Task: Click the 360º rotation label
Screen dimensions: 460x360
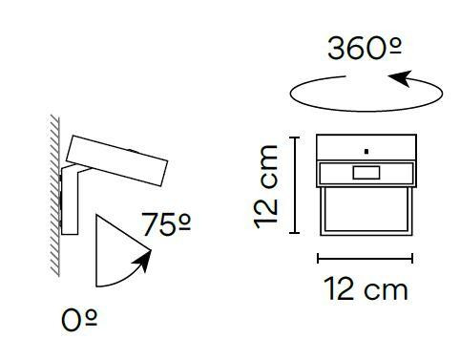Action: (x=365, y=49)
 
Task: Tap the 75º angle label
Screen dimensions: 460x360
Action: (x=166, y=224)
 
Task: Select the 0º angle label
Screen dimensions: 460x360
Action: (x=79, y=320)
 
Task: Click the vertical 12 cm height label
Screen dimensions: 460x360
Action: (x=266, y=186)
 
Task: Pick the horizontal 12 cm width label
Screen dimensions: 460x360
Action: (x=366, y=288)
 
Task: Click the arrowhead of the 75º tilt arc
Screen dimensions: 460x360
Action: (x=143, y=260)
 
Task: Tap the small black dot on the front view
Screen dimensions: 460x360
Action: (x=366, y=152)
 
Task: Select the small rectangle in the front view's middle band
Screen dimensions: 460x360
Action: (x=366, y=173)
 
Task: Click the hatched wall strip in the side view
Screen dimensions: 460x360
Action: (x=54, y=196)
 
